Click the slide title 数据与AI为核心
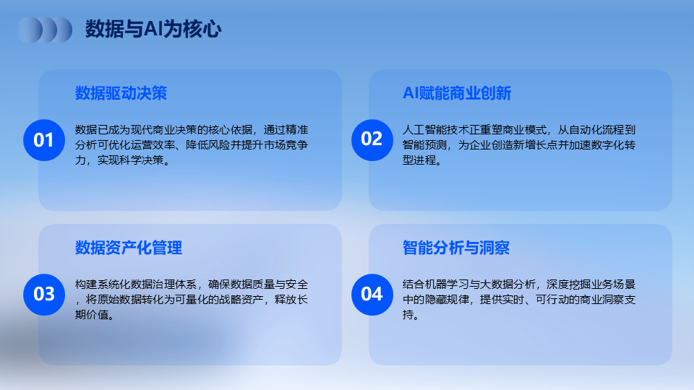coord(153,29)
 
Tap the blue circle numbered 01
coord(44,140)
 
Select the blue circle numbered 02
coord(372,140)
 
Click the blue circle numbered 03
coord(44,295)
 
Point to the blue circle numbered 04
coord(372,295)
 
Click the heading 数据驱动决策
coord(121,93)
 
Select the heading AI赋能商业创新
coord(457,93)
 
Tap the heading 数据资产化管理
coord(129,248)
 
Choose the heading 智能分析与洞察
coord(456,248)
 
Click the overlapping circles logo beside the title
coord(45,30)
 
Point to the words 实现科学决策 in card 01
coord(131,160)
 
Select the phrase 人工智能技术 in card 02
coord(435,130)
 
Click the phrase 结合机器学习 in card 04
coord(435,285)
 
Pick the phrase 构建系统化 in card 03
coord(103,285)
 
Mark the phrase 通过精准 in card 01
coord(286,130)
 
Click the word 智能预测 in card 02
coord(424,145)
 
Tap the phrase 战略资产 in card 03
coord(241,299)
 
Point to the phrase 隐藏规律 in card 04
coord(447,299)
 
